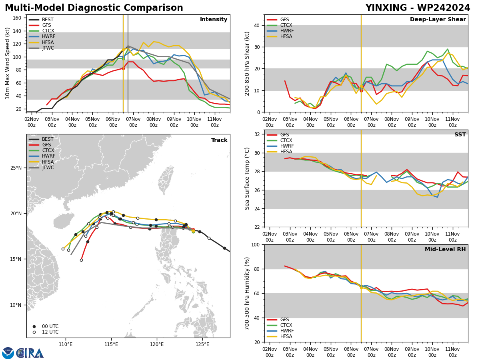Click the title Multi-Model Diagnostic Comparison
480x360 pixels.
pyautogui.click(x=94, y=8)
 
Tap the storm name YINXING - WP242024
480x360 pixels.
pyautogui.click(x=418, y=8)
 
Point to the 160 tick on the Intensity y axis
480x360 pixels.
pyautogui.click(x=17, y=18)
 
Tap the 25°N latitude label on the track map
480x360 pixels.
pyautogui.click(x=16, y=168)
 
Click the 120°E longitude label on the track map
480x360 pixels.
pyautogui.click(x=157, y=344)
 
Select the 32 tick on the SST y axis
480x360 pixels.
pyautogui.click(x=257, y=134)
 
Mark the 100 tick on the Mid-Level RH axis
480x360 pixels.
pyautogui.click(x=256, y=244)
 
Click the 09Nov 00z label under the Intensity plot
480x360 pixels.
pyautogui.click(x=174, y=122)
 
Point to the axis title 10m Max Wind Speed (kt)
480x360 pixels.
pyautogui.click(x=7, y=63)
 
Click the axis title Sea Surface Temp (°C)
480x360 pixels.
pyautogui.click(x=247, y=178)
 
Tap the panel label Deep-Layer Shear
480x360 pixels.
pyautogui.click(x=438, y=19)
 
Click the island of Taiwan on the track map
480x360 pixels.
pyautogui.click(x=166, y=180)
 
